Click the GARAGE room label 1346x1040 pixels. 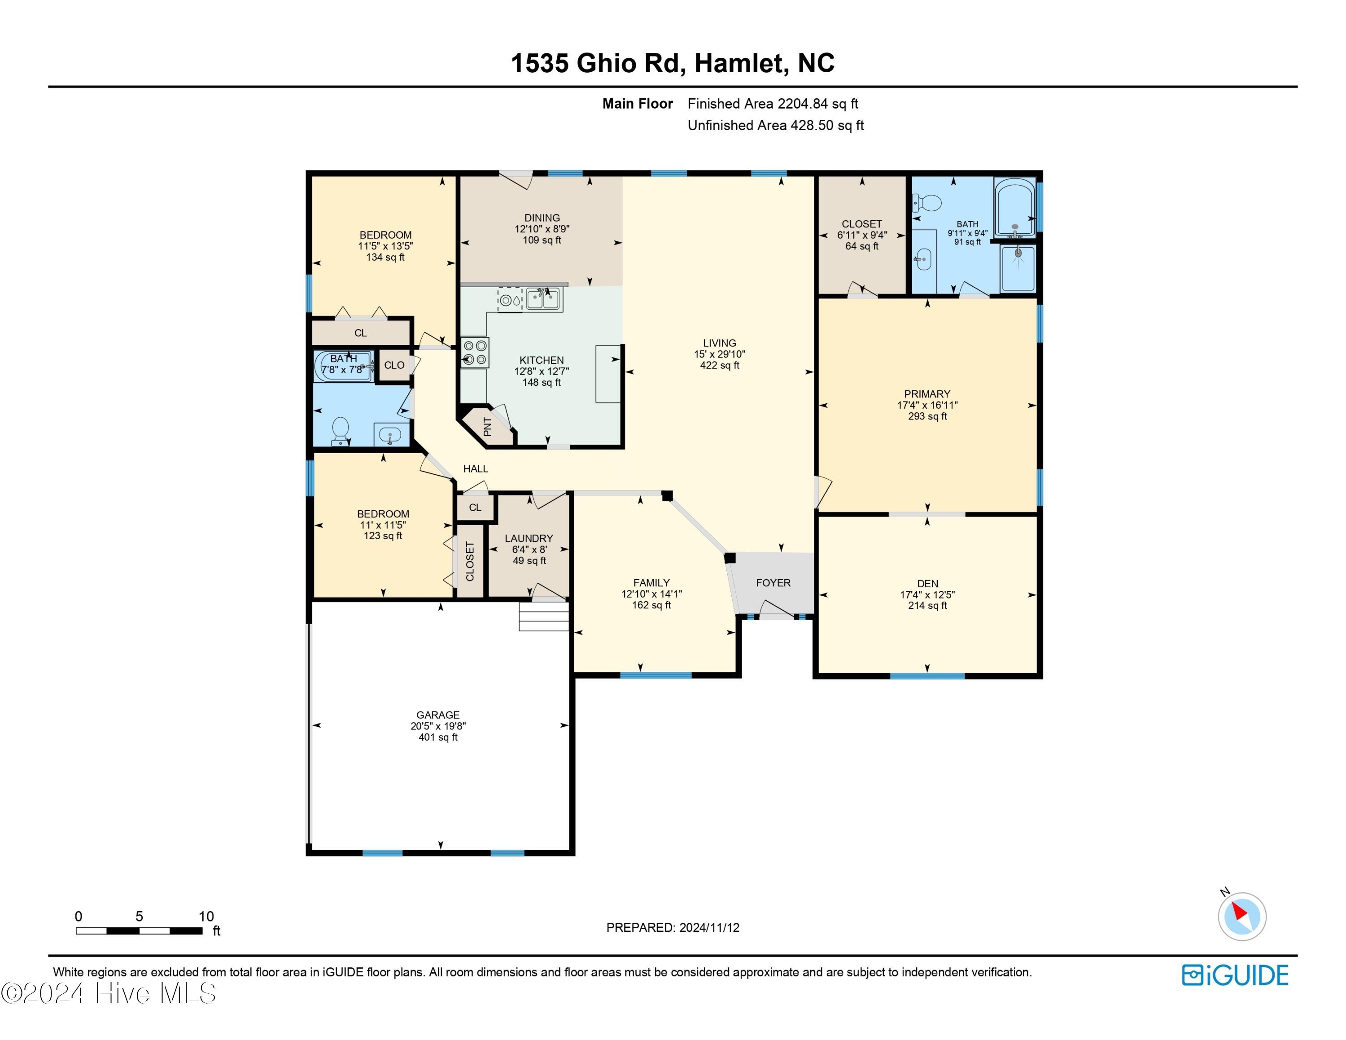tap(437, 715)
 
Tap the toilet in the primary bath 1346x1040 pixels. tap(927, 203)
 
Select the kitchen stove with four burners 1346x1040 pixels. tap(475, 353)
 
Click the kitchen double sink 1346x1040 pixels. tap(542, 299)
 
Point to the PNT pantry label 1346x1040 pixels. tap(488, 426)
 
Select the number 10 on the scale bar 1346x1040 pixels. tap(206, 916)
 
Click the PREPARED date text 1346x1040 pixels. tap(673, 927)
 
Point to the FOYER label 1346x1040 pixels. tap(773, 583)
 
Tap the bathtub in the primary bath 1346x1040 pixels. tap(1015, 206)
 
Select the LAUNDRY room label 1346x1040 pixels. tap(529, 538)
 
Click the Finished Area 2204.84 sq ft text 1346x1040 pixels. tap(773, 104)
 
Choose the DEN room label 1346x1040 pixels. tap(927, 583)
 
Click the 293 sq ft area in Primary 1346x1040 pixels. tap(927, 416)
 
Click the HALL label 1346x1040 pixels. tap(475, 469)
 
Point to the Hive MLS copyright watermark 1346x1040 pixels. tap(109, 993)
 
